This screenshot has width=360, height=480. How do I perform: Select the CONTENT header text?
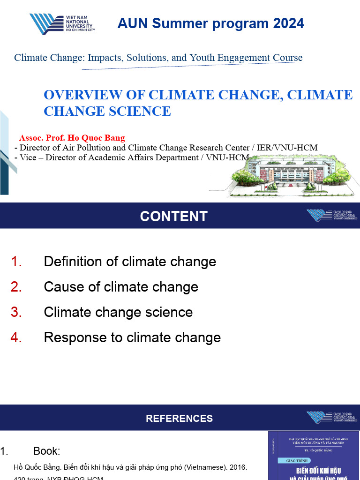tap(173, 216)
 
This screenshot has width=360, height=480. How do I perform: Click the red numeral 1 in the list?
tap(16, 262)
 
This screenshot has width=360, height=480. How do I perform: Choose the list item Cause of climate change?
tap(121, 287)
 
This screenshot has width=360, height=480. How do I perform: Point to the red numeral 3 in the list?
tap(16, 312)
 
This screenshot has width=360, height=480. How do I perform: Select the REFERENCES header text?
tap(179, 418)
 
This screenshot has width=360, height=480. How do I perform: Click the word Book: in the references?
tap(47, 451)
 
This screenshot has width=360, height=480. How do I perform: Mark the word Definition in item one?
tap(73, 262)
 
